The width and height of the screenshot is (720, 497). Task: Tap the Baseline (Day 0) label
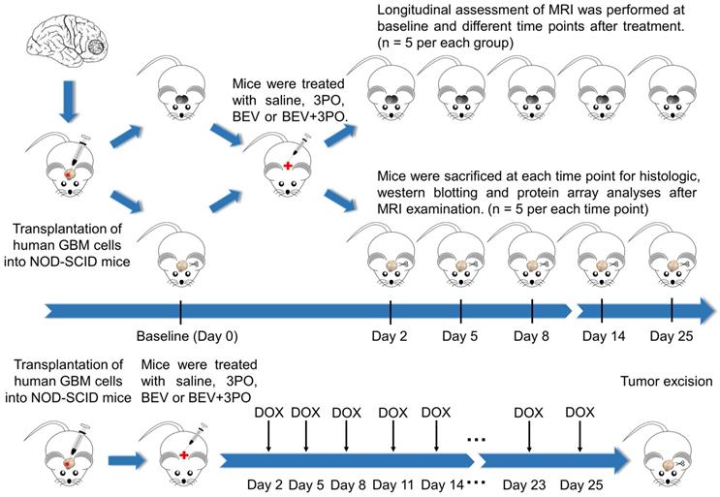(x=187, y=336)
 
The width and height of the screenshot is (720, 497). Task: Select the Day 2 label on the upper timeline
(x=390, y=336)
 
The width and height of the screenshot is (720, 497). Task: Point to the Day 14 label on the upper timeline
(x=604, y=336)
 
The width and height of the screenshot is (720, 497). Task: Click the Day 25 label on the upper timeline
(x=672, y=336)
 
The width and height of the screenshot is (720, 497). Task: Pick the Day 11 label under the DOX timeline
(x=393, y=484)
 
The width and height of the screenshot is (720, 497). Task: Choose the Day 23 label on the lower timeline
(x=524, y=484)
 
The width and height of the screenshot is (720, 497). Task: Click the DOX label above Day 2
(x=269, y=413)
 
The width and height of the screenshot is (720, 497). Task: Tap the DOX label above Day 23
(x=528, y=413)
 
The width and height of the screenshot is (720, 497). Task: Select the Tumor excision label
(x=667, y=382)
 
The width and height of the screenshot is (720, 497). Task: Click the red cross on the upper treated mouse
(x=288, y=166)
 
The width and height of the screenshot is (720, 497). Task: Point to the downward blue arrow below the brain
(x=69, y=102)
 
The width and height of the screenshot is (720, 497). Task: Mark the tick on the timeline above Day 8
(x=532, y=312)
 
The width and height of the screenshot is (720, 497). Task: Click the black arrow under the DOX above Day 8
(x=346, y=436)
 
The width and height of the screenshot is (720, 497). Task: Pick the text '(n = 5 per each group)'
(x=445, y=44)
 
